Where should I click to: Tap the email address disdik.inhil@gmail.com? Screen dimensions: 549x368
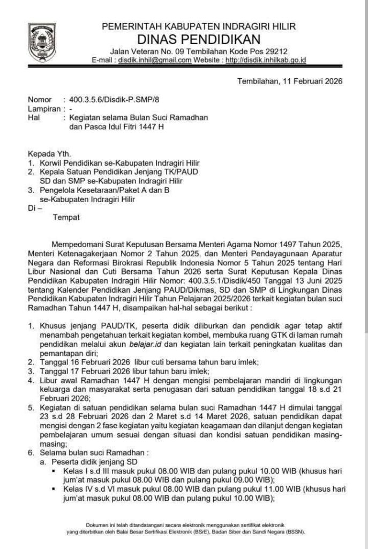155,60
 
